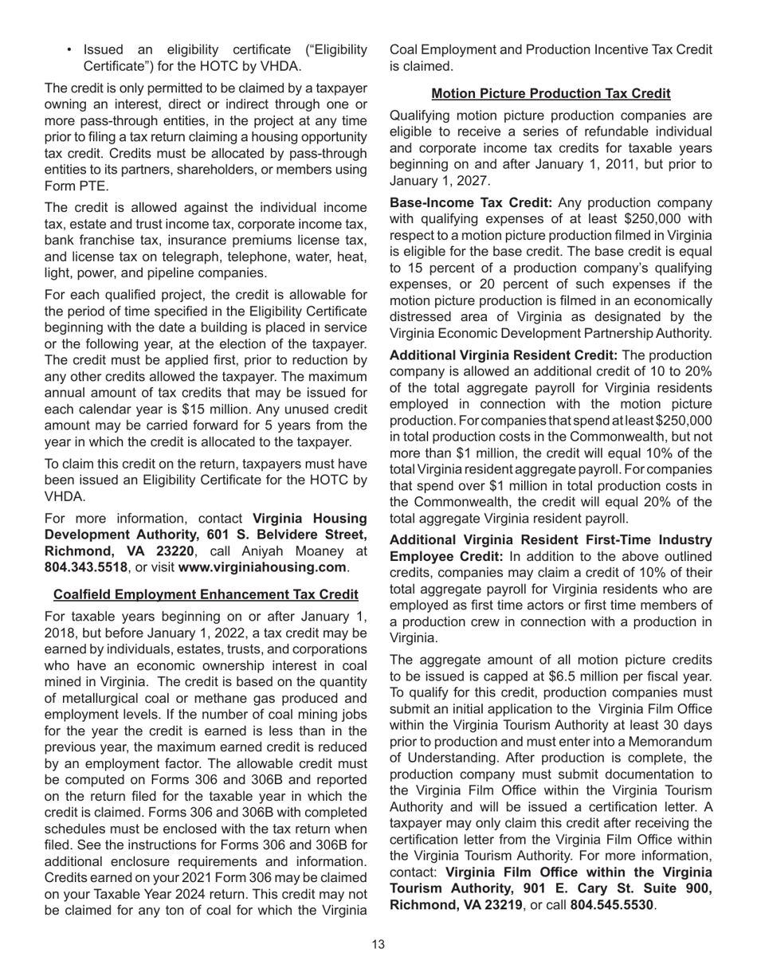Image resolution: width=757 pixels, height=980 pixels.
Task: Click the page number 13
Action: (378, 944)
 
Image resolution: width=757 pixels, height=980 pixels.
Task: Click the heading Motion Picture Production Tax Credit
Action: (551, 94)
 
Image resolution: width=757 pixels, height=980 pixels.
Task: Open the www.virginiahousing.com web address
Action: (262, 567)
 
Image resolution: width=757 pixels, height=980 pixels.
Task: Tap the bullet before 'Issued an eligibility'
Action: (71, 50)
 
